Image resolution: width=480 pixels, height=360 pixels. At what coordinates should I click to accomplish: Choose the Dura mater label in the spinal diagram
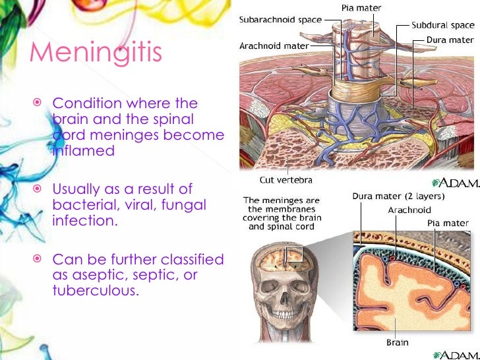point(447,39)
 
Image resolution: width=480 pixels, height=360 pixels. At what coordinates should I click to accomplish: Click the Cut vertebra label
point(285,179)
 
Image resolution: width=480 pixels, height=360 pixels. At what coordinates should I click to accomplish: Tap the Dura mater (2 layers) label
point(397,196)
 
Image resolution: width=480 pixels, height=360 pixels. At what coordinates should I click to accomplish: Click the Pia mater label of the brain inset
point(446,223)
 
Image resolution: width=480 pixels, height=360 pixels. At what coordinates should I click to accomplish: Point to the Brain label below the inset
point(397,342)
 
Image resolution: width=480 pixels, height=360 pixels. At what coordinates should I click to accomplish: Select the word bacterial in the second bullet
point(83,205)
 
